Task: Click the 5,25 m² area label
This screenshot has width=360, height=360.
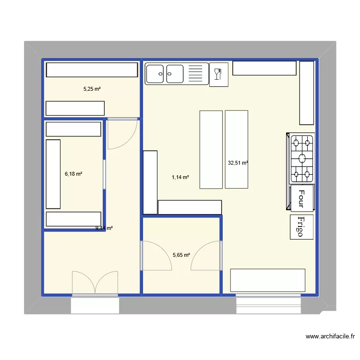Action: pos(92,89)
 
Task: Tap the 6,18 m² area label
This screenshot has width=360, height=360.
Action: pos(73,174)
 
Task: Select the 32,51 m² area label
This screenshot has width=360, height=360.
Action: pos(238,163)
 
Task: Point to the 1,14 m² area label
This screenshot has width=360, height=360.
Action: pos(180,177)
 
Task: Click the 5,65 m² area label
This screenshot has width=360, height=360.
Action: pos(181,255)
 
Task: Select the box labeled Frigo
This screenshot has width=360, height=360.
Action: pos(301,227)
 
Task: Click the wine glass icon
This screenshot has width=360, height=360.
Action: pos(218,74)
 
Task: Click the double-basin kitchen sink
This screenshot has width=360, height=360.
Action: pos(165,73)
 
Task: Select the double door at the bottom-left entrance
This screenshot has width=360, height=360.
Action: pos(95,283)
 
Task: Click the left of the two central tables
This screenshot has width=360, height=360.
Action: pos(211,149)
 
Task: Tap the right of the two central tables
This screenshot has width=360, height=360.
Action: pos(237,149)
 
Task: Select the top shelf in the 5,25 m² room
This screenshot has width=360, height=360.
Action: pos(91,70)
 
